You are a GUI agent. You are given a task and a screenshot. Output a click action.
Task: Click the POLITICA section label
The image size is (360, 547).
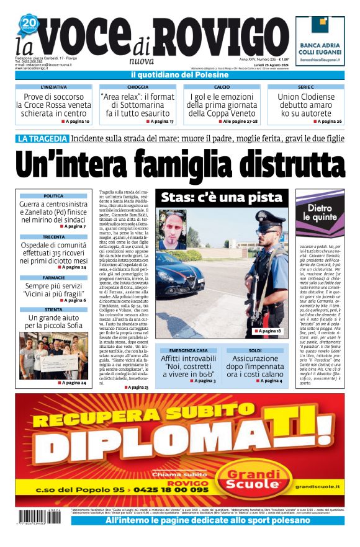pyautogui.click(x=53, y=196)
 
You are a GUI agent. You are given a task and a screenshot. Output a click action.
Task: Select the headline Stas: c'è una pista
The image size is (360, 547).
pyautogui.click(x=221, y=198)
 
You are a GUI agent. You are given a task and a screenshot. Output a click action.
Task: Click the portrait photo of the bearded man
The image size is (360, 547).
pyautogui.click(x=173, y=229)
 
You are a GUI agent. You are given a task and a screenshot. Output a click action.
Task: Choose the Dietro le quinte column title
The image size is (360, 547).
pyautogui.click(x=320, y=214)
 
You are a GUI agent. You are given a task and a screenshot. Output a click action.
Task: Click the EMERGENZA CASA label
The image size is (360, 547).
pyautogui.click(x=188, y=350)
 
